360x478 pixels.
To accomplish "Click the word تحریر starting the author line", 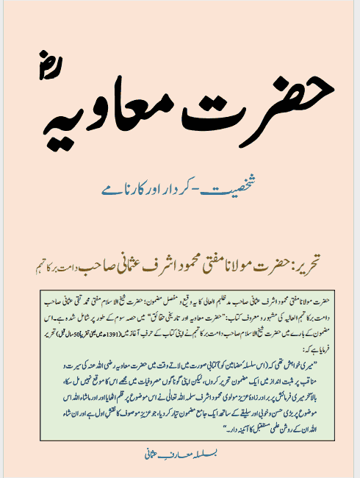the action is click(x=297, y=259).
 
